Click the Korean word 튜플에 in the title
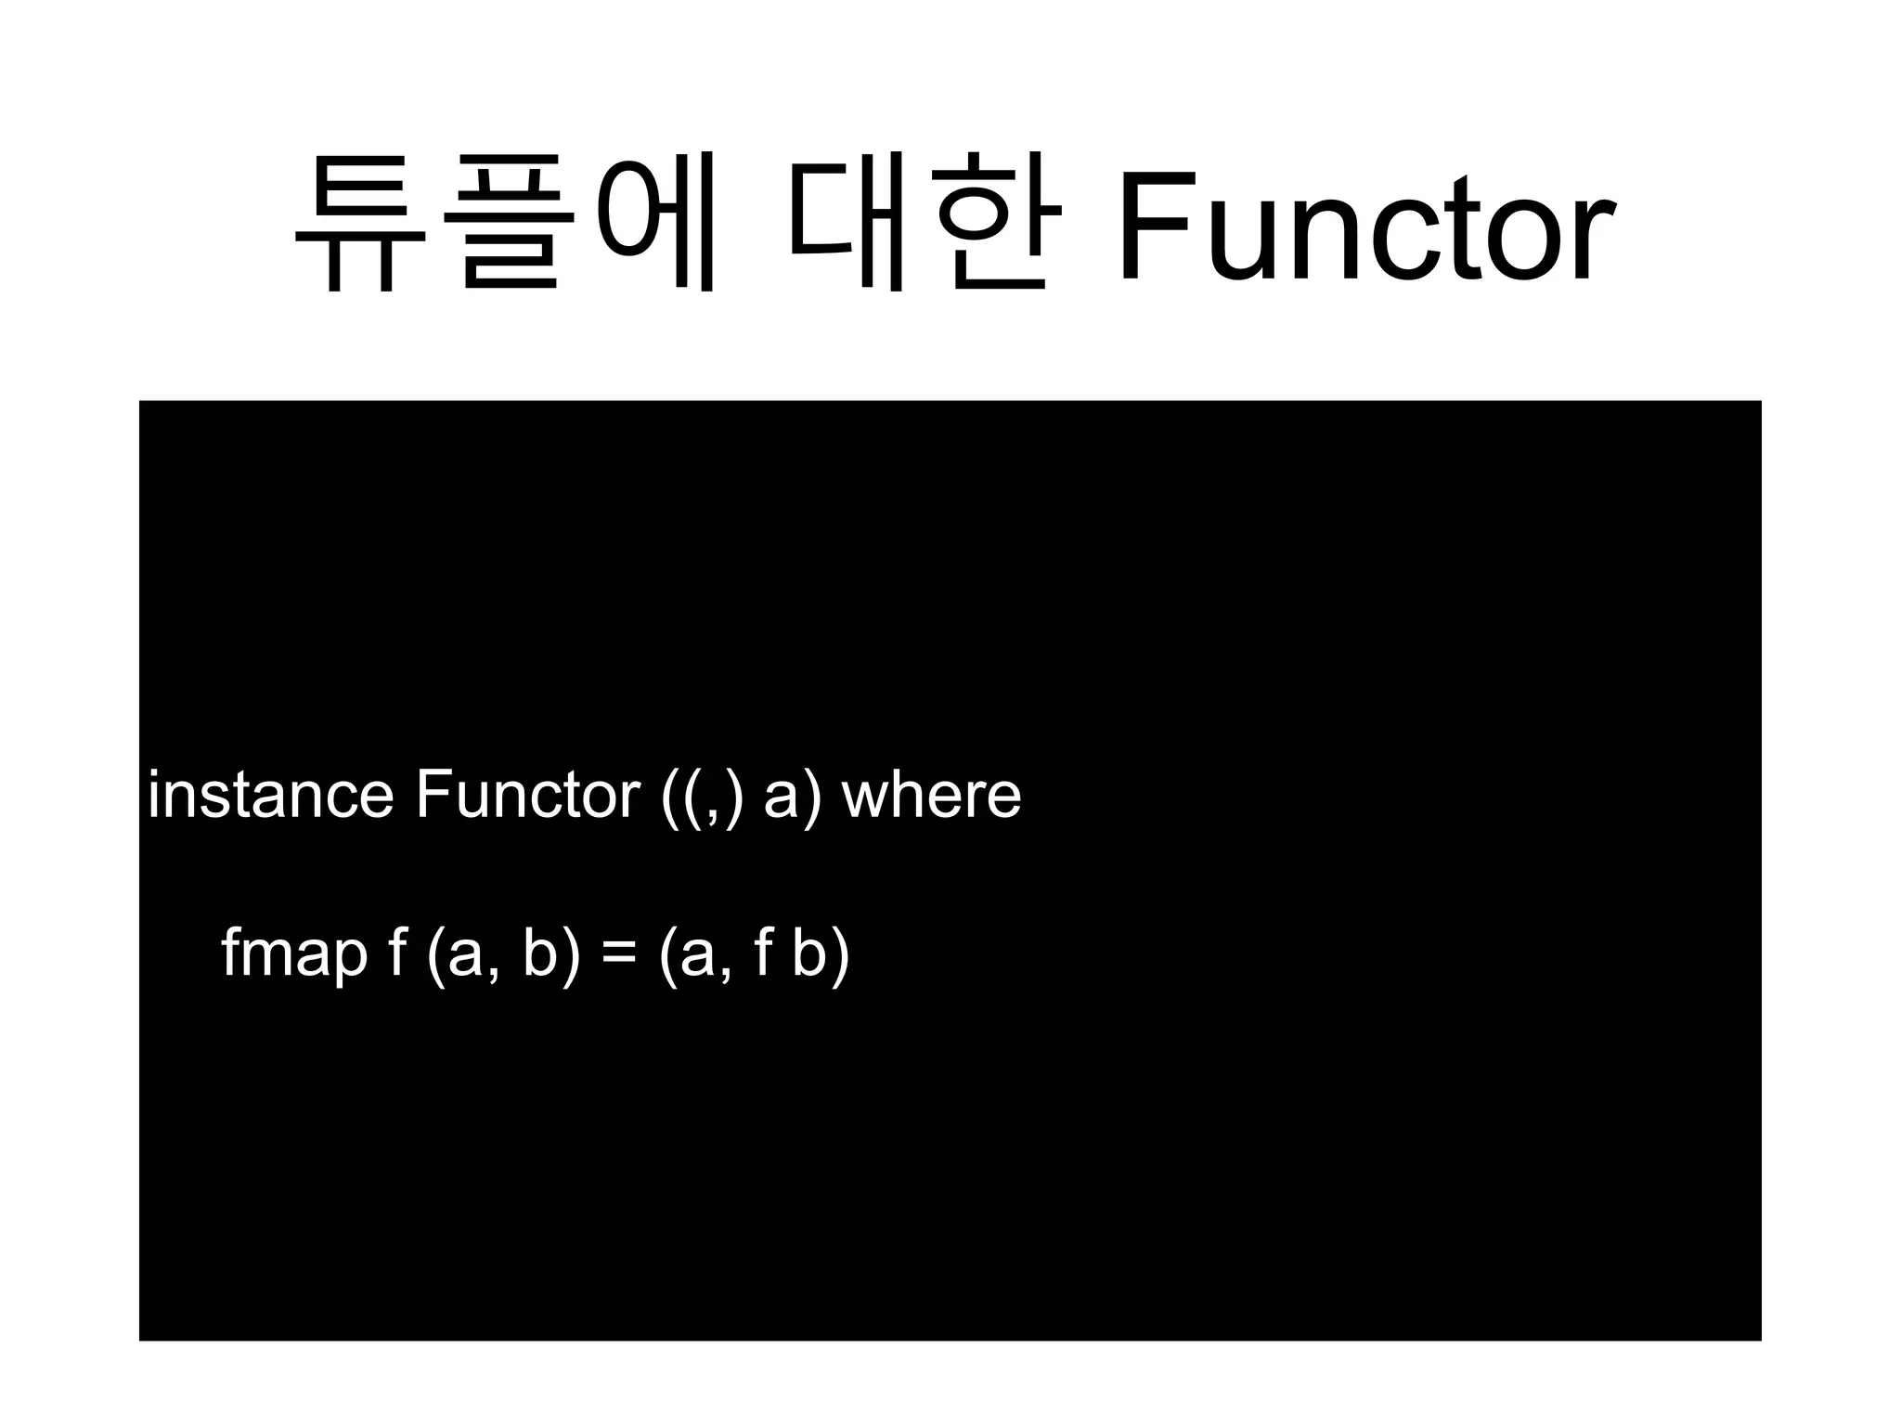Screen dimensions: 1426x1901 (506, 223)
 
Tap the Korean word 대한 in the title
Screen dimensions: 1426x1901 (925, 223)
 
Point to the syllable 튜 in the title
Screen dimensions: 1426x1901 (360, 223)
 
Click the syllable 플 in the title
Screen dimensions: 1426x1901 (510, 223)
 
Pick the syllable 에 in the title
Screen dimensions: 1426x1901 (654, 223)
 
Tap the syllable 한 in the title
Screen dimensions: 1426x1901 (998, 223)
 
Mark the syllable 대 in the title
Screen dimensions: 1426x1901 (847, 223)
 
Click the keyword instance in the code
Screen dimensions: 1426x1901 (270, 795)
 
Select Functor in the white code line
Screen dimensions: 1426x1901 (527, 795)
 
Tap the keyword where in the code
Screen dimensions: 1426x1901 (931, 795)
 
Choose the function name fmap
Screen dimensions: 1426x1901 (294, 954)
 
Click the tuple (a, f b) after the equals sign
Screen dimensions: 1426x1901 (754, 954)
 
